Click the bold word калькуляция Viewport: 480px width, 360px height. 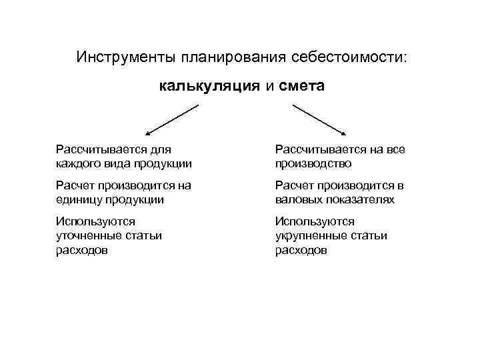point(209,86)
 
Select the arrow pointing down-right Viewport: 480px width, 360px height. point(319,119)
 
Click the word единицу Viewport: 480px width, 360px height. point(79,199)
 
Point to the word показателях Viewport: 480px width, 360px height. point(361,199)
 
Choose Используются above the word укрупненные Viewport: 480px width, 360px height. point(315,222)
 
